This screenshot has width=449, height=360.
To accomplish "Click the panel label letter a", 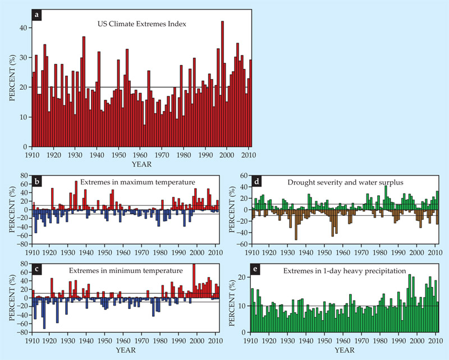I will (x=37, y=15).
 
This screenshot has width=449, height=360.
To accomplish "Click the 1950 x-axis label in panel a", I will (x=119, y=154).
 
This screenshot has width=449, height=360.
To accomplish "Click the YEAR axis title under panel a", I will (x=141, y=165).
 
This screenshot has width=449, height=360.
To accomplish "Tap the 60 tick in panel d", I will (x=244, y=176).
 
